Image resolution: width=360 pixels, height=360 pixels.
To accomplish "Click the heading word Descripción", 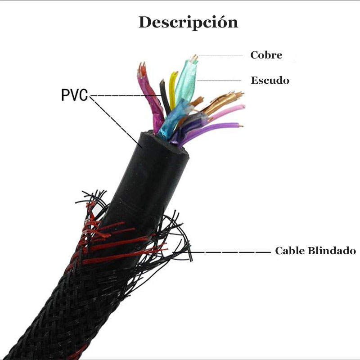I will click(x=188, y=22).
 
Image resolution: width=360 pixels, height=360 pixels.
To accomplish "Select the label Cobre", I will click(x=266, y=55).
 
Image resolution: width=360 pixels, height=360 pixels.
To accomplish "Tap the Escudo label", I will click(x=270, y=81).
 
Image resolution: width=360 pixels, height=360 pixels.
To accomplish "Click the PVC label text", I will click(x=75, y=95).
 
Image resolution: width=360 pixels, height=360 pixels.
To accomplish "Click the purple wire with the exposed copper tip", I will click(x=216, y=128).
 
